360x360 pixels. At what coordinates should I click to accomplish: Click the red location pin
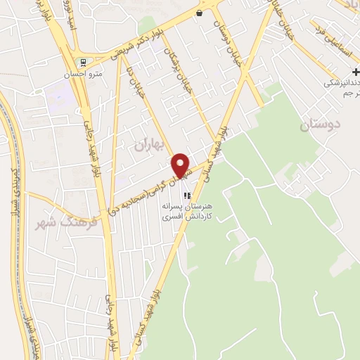[x=181, y=165]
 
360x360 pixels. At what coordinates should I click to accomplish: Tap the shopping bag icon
[x=200, y=13]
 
